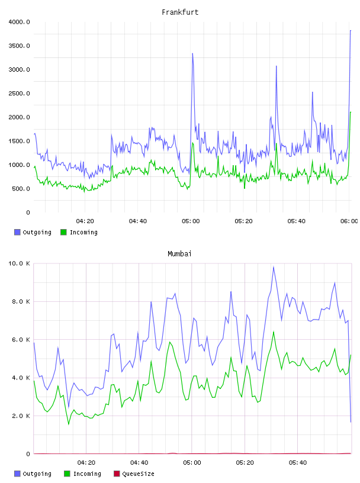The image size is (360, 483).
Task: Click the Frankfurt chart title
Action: pos(180,12)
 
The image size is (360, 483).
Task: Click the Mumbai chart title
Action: pos(179,253)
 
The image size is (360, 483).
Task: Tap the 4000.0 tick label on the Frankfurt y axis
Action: pos(19,22)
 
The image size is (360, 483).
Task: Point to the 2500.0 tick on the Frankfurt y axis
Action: pos(19,94)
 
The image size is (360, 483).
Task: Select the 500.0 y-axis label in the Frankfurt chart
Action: pos(21,188)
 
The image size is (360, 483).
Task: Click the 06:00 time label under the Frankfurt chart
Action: pos(349,221)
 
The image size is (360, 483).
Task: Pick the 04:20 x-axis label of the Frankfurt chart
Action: pos(85,221)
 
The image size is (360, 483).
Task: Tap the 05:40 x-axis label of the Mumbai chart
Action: pos(298,462)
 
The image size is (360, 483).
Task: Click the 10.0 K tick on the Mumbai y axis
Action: pos(19,263)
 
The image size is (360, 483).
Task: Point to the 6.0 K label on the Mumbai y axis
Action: pos(21,339)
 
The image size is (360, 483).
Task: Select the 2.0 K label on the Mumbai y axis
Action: pos(21,416)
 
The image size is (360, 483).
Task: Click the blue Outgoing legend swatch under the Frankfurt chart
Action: pos(17,232)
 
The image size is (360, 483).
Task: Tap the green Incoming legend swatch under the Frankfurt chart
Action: pos(63,232)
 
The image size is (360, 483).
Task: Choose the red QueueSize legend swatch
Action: pos(117,474)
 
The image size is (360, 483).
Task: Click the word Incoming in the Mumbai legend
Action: pos(87,474)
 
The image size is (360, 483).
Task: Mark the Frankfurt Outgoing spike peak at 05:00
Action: pos(192,54)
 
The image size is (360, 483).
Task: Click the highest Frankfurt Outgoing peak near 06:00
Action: pos(351,31)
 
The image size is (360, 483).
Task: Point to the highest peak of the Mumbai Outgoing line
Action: pos(274,267)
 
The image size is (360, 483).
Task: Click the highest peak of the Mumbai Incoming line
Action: pos(274,331)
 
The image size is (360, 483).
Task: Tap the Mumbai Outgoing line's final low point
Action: pos(351,422)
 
